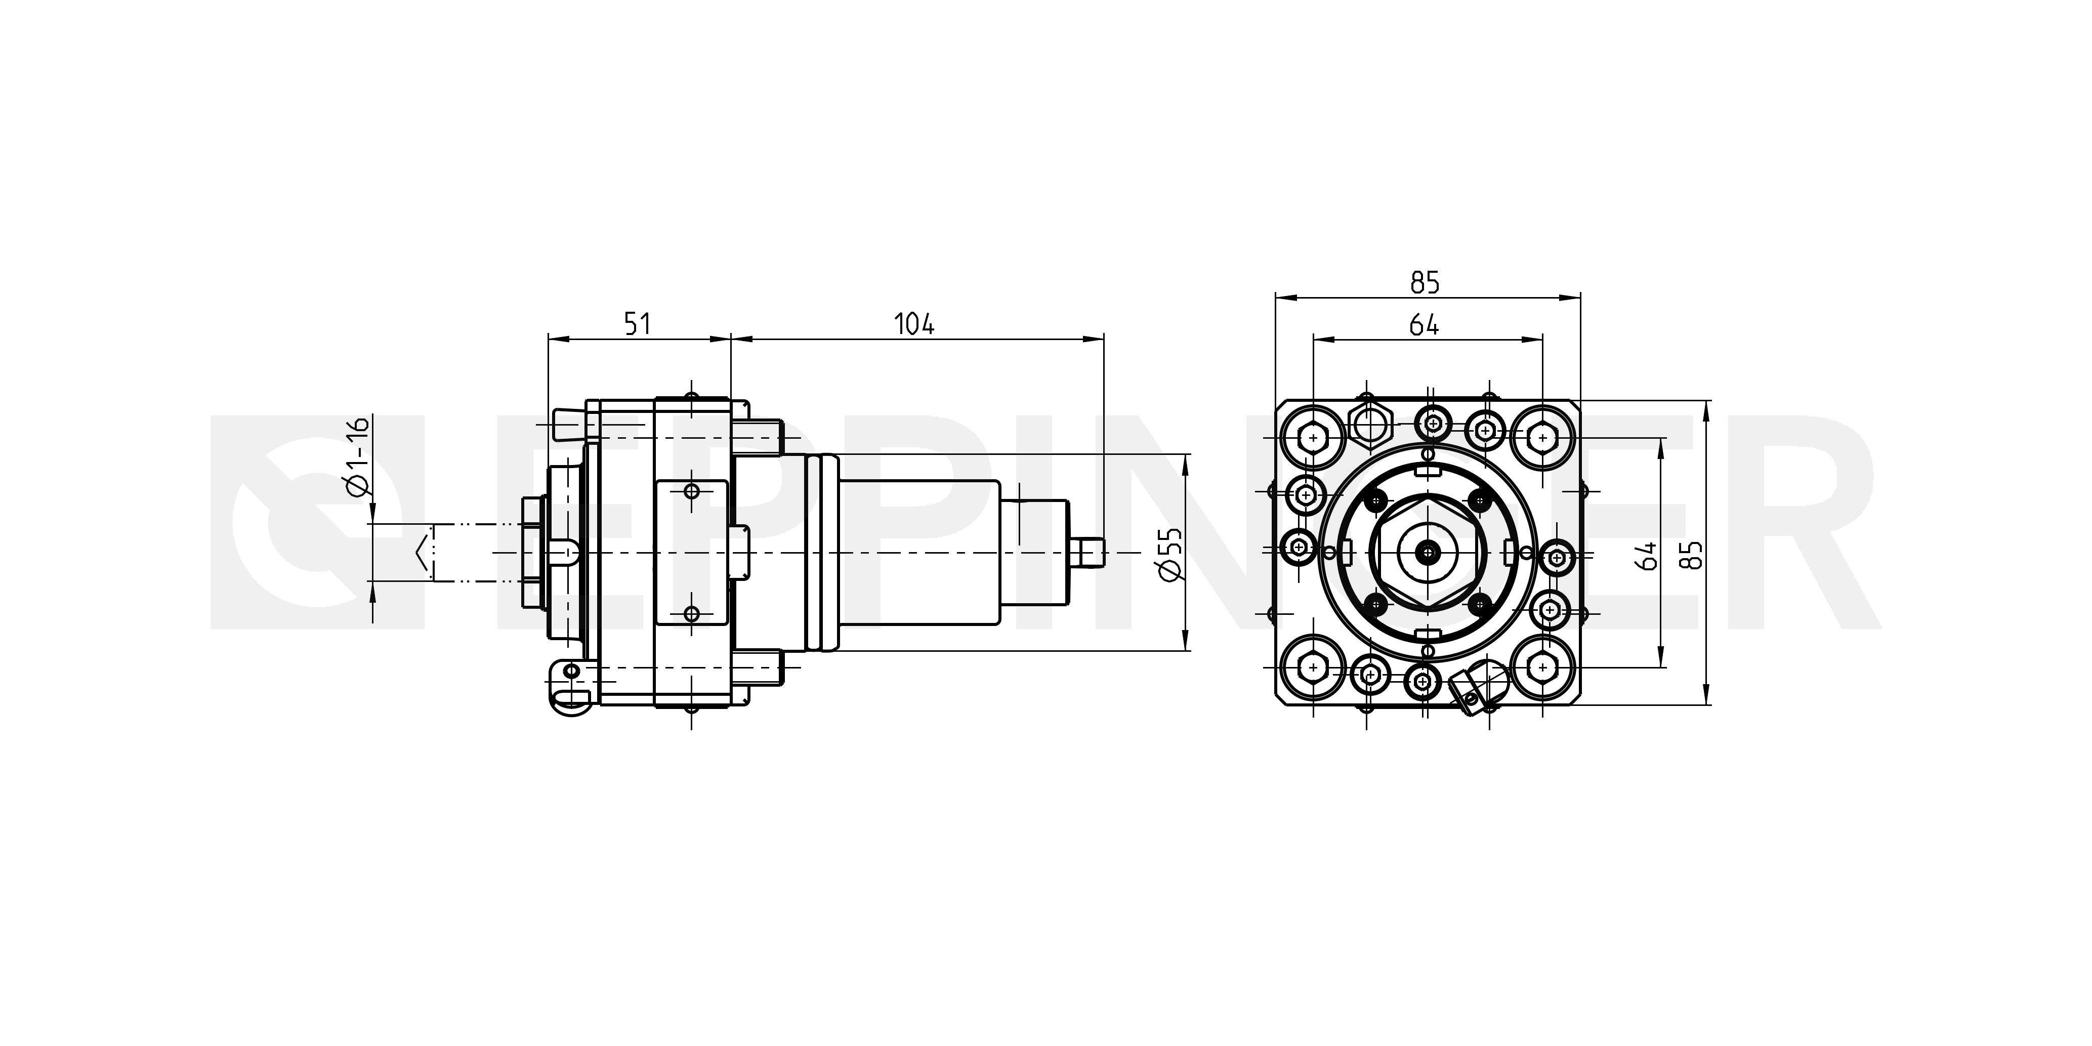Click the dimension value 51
tap(638, 324)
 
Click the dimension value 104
tap(914, 324)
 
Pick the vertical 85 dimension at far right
tap(1693, 555)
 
